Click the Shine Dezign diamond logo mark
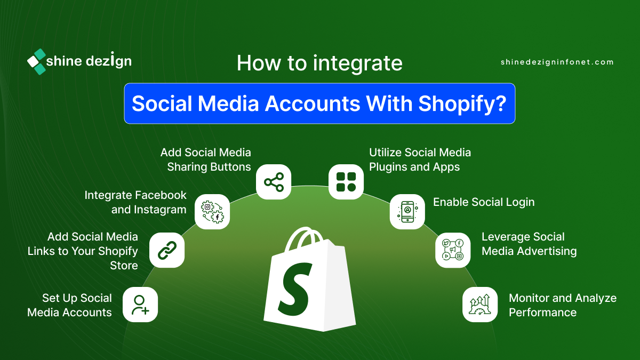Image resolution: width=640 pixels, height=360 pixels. click(37, 62)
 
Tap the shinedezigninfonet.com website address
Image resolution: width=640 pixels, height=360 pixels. click(557, 62)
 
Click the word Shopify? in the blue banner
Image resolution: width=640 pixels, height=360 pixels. click(462, 103)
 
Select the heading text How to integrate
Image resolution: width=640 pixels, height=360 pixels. click(319, 63)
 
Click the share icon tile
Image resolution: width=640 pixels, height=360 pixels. click(274, 182)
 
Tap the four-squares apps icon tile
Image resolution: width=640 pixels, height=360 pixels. click(346, 182)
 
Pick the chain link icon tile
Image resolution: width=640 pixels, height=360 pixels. click(167, 250)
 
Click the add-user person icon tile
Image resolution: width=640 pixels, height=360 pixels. click(140, 305)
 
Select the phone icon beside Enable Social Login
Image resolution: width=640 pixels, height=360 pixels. click(407, 212)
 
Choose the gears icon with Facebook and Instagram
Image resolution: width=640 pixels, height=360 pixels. click(212, 212)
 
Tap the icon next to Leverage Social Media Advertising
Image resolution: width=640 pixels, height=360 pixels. click(453, 250)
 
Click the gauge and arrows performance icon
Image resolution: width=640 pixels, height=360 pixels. click(480, 305)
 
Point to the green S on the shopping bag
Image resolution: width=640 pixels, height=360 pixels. click(295, 290)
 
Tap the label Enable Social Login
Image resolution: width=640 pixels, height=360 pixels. click(484, 202)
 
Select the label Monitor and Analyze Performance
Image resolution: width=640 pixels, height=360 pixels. click(563, 305)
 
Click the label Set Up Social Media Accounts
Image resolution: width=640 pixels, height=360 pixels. click(69, 305)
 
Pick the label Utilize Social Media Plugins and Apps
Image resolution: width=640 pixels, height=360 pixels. click(420, 159)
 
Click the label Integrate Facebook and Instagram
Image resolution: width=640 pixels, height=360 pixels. click(135, 202)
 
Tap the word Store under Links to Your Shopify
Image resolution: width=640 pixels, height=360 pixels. click(124, 266)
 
